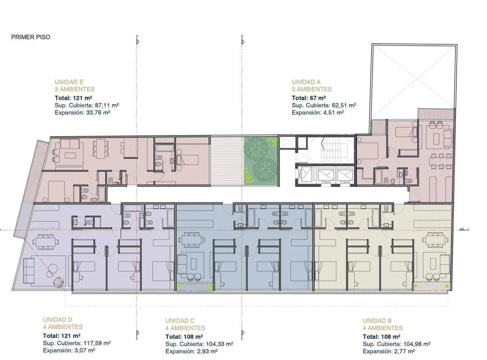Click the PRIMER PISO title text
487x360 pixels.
click(31, 37)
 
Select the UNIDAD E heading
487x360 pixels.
click(69, 82)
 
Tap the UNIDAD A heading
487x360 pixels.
click(306, 82)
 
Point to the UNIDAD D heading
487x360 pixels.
click(58, 319)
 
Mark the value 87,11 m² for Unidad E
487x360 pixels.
click(107, 105)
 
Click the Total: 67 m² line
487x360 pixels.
click(308, 98)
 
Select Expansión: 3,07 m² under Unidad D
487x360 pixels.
click(69, 350)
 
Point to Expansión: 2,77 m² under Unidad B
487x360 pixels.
click(389, 351)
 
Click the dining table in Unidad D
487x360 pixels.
click(46, 242)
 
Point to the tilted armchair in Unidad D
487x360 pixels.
click(59, 282)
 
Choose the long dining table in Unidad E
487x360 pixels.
click(101, 149)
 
